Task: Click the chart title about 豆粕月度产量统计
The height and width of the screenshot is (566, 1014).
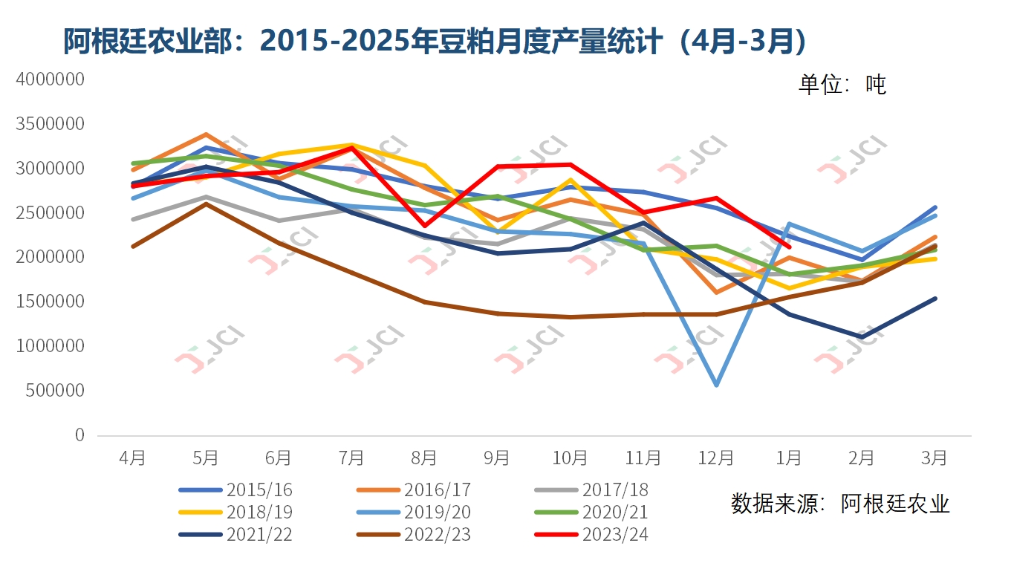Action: pyautogui.click(x=435, y=42)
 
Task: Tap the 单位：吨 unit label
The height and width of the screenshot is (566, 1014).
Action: pyautogui.click(x=842, y=84)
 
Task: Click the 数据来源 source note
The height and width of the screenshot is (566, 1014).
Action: pyautogui.click(x=840, y=504)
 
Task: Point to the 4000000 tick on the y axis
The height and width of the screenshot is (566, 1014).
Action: pyautogui.click(x=50, y=79)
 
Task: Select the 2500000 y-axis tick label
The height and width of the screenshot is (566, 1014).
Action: pyautogui.click(x=50, y=212)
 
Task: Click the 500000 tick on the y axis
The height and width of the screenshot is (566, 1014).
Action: pyautogui.click(x=54, y=391)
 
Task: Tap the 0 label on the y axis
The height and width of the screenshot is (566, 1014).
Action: pyautogui.click(x=79, y=435)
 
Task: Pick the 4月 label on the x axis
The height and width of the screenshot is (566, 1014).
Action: pyautogui.click(x=132, y=458)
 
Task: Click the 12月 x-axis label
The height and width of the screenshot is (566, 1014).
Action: pyautogui.click(x=716, y=458)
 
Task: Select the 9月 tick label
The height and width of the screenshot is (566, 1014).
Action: pyautogui.click(x=497, y=458)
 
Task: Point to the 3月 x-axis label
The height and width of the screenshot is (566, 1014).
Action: pyautogui.click(x=935, y=458)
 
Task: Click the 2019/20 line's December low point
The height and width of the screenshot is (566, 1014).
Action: pyautogui.click(x=716, y=385)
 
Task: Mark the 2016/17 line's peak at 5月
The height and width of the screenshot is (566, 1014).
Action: pyautogui.click(x=205, y=134)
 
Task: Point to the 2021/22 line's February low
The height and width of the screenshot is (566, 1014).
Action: pyautogui.click(x=862, y=337)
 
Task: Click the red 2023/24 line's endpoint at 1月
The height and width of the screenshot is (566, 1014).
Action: pyautogui.click(x=789, y=247)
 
